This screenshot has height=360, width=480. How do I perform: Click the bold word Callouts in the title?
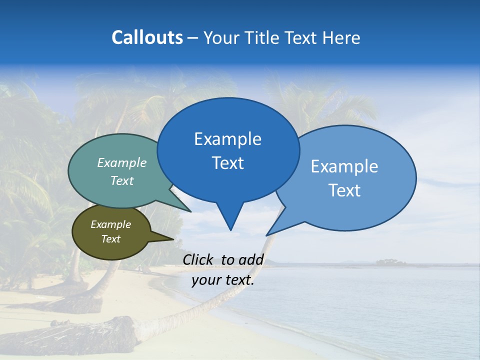147,37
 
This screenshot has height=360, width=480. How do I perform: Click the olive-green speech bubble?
111,232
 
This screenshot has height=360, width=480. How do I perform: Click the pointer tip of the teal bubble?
190,211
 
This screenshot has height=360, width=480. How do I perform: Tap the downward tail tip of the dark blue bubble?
230,230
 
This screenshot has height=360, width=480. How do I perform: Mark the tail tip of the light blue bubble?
266,235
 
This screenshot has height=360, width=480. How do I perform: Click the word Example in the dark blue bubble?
228,139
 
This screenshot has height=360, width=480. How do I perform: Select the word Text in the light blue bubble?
344,190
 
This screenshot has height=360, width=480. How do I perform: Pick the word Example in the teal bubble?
122,162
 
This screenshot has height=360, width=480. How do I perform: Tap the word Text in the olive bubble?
111,239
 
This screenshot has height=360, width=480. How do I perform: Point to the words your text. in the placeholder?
223,280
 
